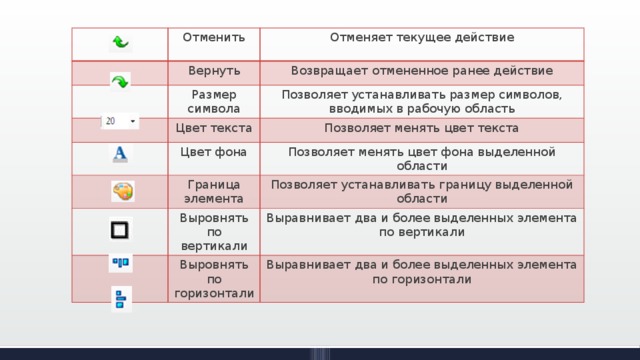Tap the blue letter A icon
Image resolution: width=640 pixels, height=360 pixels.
[120, 153]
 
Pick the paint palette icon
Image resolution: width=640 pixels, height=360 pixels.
[122, 190]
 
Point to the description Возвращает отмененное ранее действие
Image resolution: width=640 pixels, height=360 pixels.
[422, 71]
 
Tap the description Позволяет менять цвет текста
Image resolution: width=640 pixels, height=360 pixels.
[421, 129]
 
